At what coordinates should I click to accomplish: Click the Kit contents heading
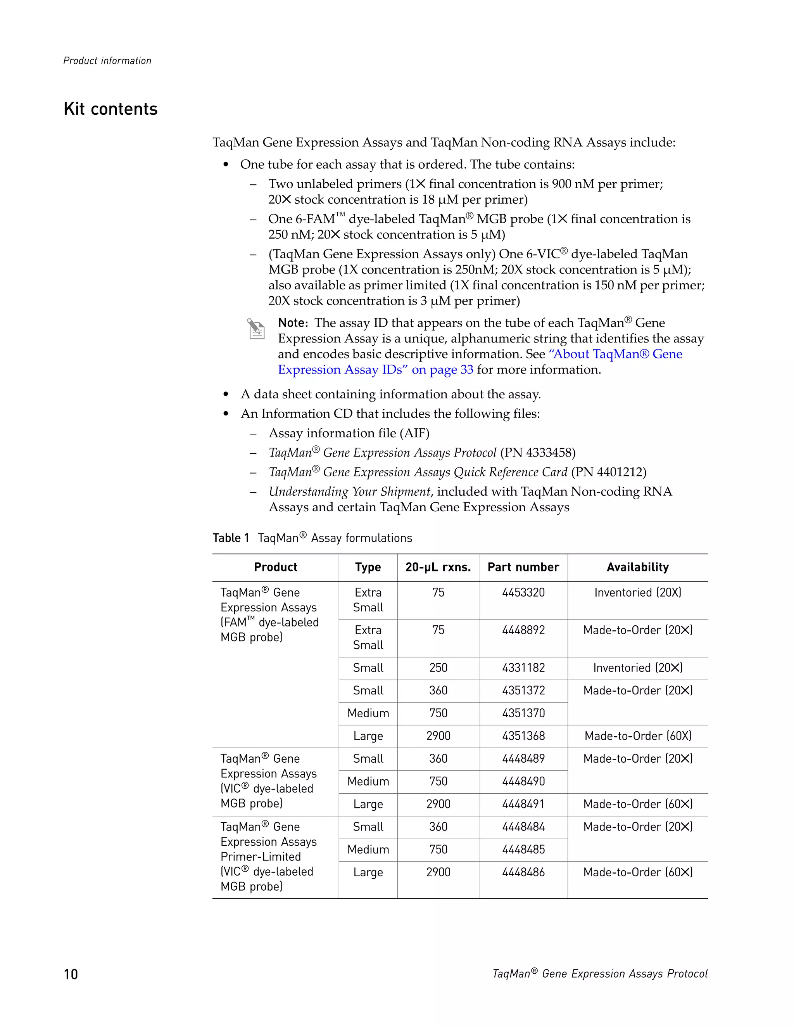(x=110, y=109)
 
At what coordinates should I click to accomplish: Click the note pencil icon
(x=256, y=329)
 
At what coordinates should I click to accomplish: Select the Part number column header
(x=523, y=567)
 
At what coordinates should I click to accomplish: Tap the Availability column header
(x=637, y=567)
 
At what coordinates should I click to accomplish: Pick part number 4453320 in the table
(x=523, y=593)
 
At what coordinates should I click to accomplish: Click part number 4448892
(x=523, y=630)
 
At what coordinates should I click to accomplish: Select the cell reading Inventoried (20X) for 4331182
(x=637, y=668)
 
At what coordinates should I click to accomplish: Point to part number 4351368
(x=523, y=736)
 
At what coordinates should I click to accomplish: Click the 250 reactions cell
(x=438, y=668)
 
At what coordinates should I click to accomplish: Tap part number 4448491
(x=523, y=805)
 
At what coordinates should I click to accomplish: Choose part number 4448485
(x=523, y=850)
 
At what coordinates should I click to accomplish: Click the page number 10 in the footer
(x=71, y=974)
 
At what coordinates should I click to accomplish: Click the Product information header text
(x=107, y=61)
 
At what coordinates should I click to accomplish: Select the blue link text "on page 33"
(x=442, y=370)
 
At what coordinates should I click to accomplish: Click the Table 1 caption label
(x=231, y=538)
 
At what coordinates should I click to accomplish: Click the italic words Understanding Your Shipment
(x=349, y=492)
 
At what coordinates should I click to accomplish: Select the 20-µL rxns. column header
(x=438, y=567)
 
